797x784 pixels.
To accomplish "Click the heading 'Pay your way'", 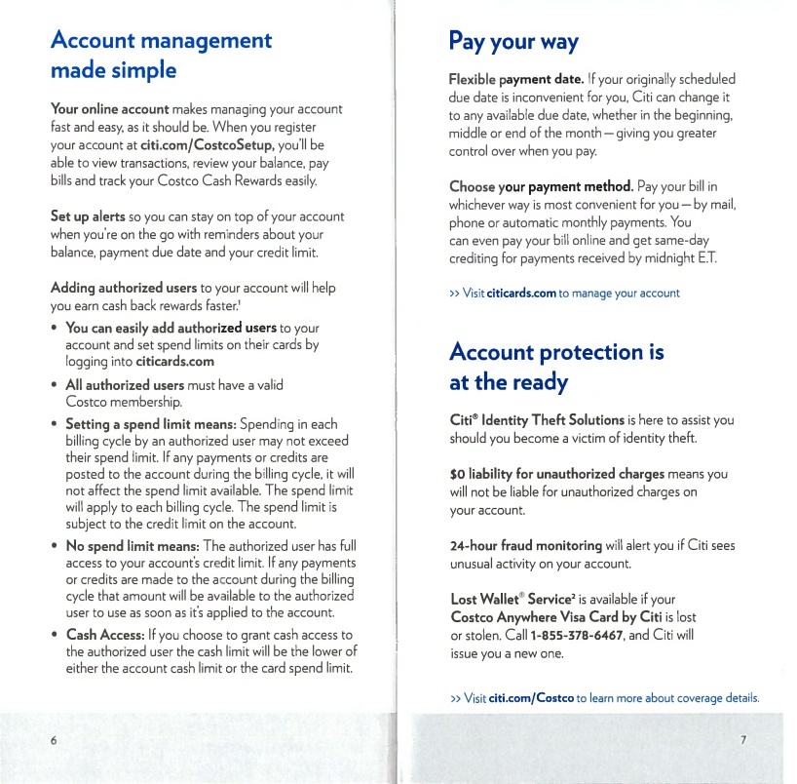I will coord(513,43).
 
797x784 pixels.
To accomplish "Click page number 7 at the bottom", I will coord(743,739).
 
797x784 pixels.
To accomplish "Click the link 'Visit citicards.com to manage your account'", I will coord(564,293).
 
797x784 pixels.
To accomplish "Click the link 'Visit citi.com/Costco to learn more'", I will coord(603,698).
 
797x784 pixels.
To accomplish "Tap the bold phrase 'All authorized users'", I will coord(125,384).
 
